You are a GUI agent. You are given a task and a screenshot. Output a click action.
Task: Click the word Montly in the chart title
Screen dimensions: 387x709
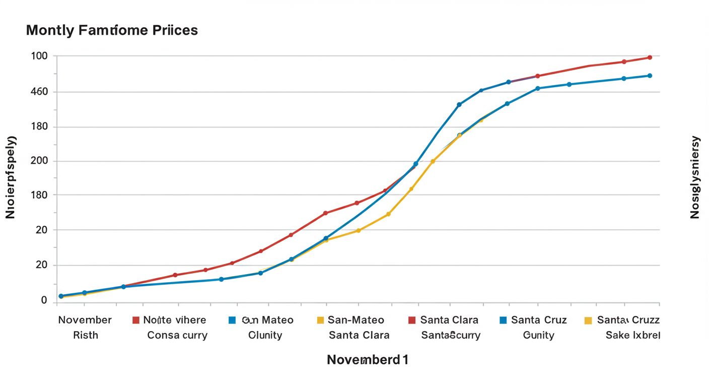(49, 30)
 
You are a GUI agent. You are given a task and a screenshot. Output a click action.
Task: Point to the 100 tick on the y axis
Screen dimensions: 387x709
(39, 55)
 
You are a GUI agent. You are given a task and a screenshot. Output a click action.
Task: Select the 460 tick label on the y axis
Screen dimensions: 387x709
(39, 92)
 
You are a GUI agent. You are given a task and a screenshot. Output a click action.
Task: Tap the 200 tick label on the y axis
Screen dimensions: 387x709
(39, 161)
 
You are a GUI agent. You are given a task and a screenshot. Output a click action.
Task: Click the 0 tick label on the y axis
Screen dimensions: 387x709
(44, 300)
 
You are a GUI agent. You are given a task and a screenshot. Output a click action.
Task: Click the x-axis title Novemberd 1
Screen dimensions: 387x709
(368, 360)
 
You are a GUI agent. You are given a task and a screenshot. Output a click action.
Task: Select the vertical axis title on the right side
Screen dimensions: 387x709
(695, 177)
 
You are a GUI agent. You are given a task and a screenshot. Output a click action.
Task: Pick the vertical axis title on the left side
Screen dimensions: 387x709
(11, 177)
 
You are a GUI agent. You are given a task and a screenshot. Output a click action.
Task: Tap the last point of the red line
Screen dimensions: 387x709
(650, 57)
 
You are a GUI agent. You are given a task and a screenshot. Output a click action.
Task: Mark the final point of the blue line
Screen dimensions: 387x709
(650, 76)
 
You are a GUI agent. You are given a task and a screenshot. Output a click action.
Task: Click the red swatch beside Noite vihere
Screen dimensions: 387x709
(135, 320)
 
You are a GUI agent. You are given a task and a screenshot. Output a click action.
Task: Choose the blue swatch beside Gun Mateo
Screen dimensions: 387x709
(232, 320)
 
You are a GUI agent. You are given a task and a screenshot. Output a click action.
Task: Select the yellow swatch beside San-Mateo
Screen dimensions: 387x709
(320, 320)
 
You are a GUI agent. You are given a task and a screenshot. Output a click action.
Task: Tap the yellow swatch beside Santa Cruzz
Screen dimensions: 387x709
(588, 320)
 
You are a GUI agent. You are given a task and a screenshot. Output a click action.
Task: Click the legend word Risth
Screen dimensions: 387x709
(85, 335)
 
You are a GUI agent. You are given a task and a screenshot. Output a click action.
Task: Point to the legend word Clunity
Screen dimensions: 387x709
(265, 335)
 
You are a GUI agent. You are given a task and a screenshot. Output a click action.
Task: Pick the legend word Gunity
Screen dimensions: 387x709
(538, 335)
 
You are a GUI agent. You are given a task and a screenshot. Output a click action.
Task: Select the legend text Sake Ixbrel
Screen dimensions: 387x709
(632, 335)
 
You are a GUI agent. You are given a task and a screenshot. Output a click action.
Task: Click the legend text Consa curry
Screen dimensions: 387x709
(177, 335)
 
